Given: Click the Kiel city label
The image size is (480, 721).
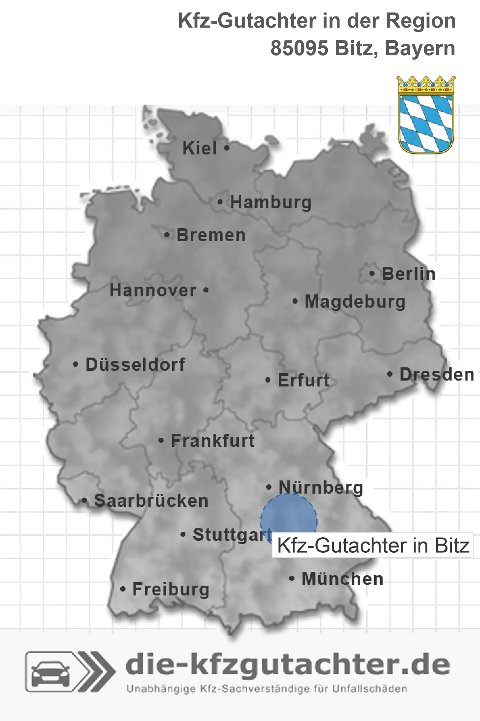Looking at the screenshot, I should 200,148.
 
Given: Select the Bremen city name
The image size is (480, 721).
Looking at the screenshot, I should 211,235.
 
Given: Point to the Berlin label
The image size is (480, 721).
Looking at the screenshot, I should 409,274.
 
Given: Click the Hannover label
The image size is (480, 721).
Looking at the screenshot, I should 153,291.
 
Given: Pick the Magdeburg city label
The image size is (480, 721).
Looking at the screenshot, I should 355,302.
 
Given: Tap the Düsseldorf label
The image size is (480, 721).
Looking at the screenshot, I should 135,364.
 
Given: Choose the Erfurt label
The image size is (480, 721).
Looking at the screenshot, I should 303,380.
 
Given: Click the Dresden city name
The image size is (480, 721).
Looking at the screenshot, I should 437,375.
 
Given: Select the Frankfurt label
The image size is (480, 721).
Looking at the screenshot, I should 213,441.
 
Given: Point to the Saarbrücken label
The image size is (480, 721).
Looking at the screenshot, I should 151,501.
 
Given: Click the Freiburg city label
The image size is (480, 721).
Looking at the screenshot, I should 171,589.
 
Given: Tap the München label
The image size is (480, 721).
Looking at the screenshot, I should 342,579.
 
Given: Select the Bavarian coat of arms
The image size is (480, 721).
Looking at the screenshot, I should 426,115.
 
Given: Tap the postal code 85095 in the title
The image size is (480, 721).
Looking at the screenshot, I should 299,49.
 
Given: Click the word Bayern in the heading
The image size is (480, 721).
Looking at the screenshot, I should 420,49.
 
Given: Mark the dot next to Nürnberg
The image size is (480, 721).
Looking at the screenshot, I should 269,487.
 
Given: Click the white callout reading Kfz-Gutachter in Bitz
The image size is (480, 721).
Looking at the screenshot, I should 373,546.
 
